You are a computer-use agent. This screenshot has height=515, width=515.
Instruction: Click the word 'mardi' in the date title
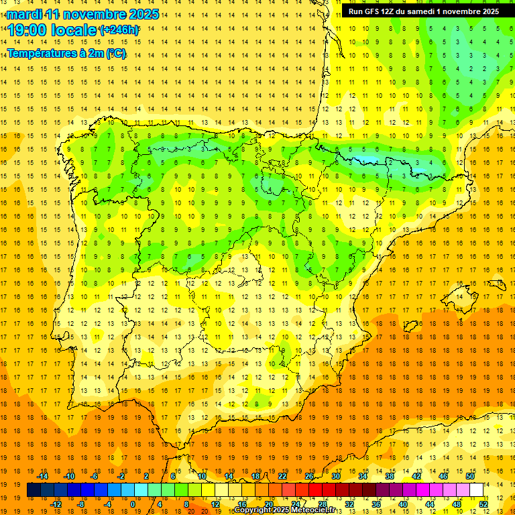pos(25,14)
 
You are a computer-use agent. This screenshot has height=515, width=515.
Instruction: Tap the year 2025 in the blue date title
pos(142,14)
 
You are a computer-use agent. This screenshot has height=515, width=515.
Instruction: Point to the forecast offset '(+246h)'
pos(119,30)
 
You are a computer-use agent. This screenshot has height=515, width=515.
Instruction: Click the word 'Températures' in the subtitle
pos(41,53)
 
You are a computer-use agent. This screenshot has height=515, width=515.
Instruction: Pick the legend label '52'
pos(483,504)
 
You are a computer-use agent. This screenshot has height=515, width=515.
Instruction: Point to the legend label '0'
pos(133,504)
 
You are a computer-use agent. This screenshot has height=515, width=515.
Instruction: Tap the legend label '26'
pos(309,476)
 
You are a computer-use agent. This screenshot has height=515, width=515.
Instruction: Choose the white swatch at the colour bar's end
pos(477,490)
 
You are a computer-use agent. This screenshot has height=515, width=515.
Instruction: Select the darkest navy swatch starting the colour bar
pos(34,490)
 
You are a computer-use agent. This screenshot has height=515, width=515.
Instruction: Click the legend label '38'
pos(390,476)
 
